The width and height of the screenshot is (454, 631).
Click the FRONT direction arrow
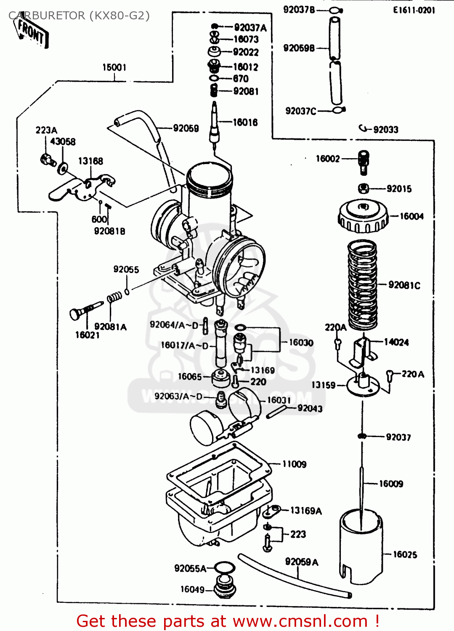click(32, 32)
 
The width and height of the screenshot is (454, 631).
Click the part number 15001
click(114, 67)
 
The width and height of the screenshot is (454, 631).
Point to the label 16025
click(405, 554)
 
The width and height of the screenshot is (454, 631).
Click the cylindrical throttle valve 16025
click(361, 547)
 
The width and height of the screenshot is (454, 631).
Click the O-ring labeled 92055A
click(224, 567)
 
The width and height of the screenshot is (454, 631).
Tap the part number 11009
click(294, 464)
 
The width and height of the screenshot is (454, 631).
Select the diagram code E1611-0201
click(414, 10)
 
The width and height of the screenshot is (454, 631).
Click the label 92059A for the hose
click(302, 562)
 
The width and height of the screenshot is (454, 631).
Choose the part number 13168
click(90, 161)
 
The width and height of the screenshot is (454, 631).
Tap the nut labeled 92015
click(364, 188)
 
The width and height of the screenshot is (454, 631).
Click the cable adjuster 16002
click(364, 162)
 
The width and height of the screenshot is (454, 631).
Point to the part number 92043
click(310, 408)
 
